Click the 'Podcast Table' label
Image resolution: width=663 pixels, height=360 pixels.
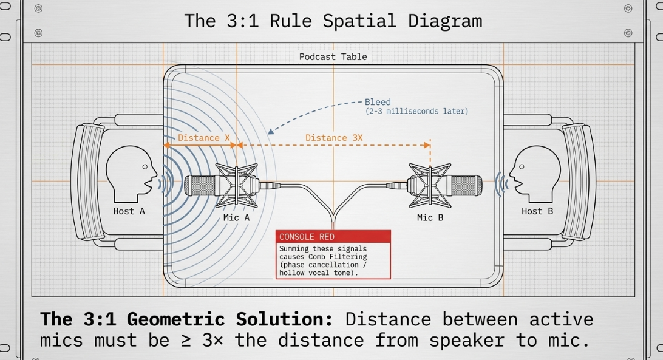point(333,57)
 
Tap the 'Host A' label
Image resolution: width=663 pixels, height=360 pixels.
point(129,211)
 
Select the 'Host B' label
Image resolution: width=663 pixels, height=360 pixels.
point(537,211)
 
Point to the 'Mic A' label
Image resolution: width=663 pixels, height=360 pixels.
point(236,217)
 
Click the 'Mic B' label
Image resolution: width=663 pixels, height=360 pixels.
point(430,217)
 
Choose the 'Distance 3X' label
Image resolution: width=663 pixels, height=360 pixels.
point(334,138)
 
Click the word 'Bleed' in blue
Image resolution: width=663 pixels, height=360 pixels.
point(378,102)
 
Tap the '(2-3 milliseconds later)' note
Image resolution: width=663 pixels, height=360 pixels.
point(417,111)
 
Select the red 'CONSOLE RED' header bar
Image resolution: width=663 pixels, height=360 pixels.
point(333,237)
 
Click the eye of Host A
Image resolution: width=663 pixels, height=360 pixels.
point(145,167)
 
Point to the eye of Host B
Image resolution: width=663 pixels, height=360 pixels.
point(522,167)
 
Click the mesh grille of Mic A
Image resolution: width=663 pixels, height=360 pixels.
point(200,186)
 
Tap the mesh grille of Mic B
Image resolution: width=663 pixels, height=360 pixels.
point(467,186)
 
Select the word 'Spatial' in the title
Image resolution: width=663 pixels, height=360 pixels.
point(359,21)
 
